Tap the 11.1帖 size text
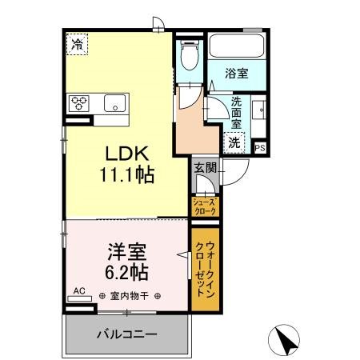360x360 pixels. (x=126, y=173)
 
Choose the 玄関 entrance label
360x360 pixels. (x=203, y=168)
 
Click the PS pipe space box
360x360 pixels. (x=259, y=147)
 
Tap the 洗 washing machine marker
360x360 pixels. (x=235, y=142)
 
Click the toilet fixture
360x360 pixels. (x=189, y=57)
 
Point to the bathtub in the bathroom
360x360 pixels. (x=237, y=47)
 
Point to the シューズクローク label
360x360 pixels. (x=206, y=206)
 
